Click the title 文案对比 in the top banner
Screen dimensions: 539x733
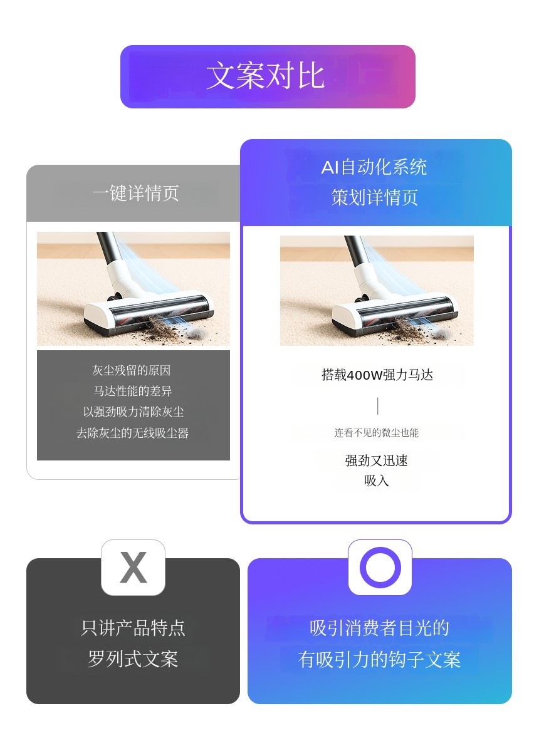pyautogui.click(x=265, y=76)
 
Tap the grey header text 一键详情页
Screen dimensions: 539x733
pyautogui.click(x=135, y=193)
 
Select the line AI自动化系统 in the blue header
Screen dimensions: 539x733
pyautogui.click(x=374, y=167)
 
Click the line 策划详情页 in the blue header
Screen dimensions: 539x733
pyautogui.click(x=374, y=197)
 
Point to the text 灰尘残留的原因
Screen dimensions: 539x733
pyautogui.click(x=132, y=371)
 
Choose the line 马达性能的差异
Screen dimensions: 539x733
pyautogui.click(x=132, y=391)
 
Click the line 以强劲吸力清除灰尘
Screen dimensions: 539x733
pyautogui.click(x=133, y=412)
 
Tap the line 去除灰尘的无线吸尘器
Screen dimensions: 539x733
pyautogui.click(x=133, y=433)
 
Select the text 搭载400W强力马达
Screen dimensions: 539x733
pyautogui.click(x=377, y=375)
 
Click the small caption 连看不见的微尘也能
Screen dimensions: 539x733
pyautogui.click(x=376, y=433)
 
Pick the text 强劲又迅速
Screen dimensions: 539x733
pyautogui.click(x=376, y=461)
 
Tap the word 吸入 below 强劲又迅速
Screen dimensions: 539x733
pyautogui.click(x=376, y=481)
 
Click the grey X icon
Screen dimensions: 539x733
pyautogui.click(x=133, y=567)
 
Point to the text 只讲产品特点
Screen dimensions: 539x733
pyautogui.click(x=133, y=628)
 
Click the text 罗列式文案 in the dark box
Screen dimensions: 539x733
pyautogui.click(x=133, y=659)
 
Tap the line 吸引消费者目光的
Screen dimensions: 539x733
pyautogui.click(x=379, y=628)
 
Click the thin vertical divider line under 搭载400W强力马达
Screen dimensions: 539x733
pyautogui.click(x=378, y=406)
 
